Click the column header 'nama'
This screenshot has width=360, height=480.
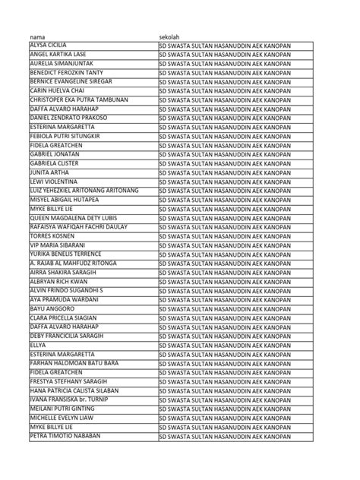coord(37,36)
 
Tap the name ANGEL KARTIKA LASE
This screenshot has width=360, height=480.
coord(58,54)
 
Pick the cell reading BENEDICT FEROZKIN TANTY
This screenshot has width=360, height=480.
coord(66,72)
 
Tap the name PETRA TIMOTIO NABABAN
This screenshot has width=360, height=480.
coord(68,437)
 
